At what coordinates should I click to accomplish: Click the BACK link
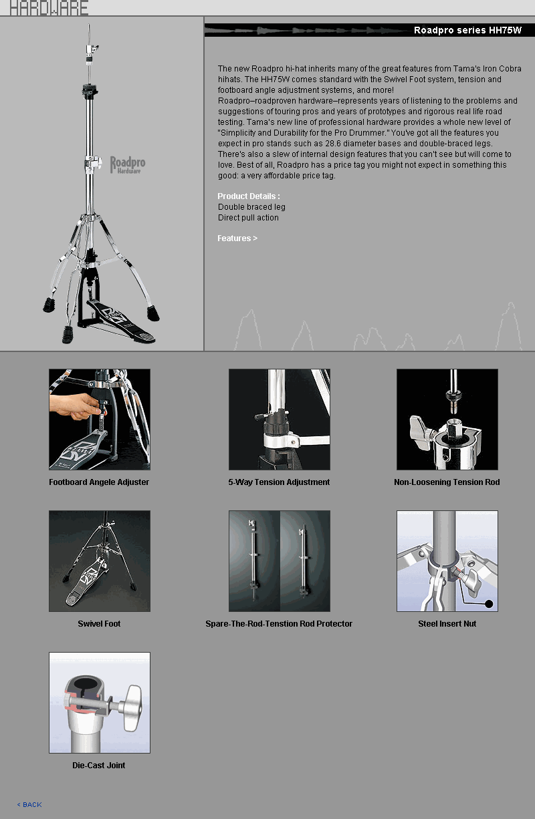tap(29, 804)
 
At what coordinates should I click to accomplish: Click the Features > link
tap(237, 238)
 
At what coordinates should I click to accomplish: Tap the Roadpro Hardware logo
tap(127, 165)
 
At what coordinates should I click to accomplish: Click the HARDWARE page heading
tap(49, 7)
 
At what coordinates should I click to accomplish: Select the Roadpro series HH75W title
tap(467, 30)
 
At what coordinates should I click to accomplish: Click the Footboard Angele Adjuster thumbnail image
tap(100, 420)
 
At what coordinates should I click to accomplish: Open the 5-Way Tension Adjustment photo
tap(280, 420)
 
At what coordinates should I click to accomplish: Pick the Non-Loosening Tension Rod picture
tap(447, 420)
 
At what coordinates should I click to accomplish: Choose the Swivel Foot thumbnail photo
tap(100, 561)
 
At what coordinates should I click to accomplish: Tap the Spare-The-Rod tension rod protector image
tap(280, 561)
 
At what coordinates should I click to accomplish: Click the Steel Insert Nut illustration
tap(447, 561)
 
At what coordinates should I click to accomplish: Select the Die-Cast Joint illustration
tap(100, 703)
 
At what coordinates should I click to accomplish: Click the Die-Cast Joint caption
tap(99, 766)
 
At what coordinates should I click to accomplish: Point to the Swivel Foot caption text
tap(99, 624)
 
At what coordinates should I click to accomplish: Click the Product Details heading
tap(249, 196)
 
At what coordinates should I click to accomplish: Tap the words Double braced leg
tap(251, 207)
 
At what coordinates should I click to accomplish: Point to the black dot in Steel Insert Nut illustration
tap(489, 604)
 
